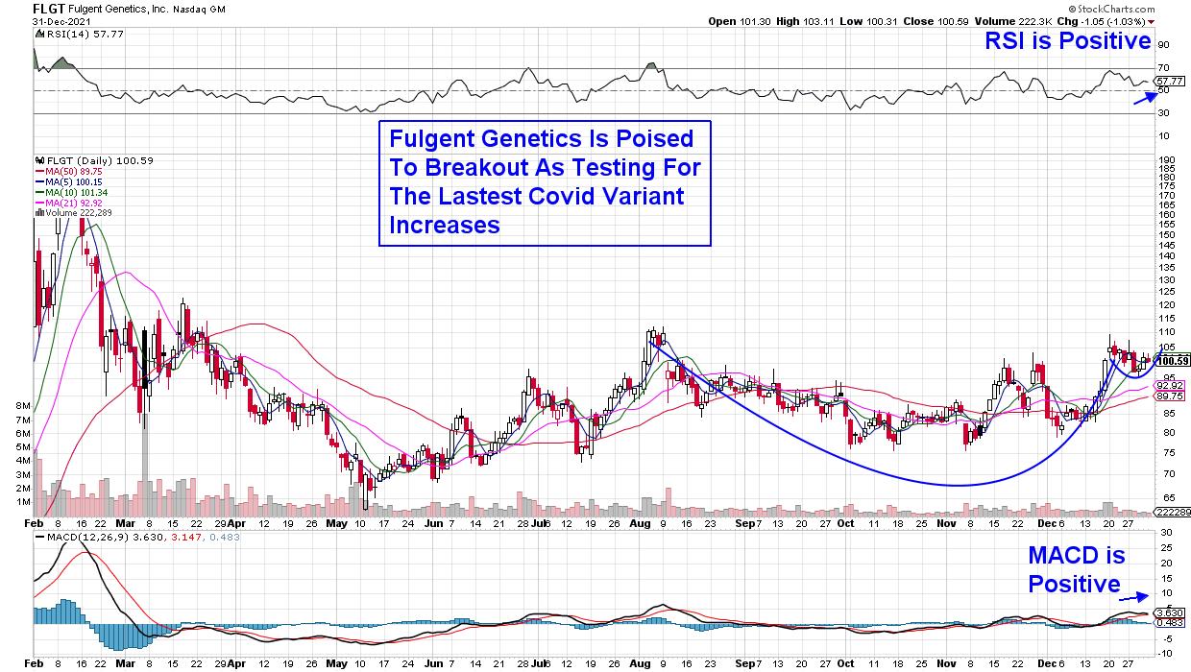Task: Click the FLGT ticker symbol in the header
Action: click(48, 7)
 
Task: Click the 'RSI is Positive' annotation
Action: click(1067, 40)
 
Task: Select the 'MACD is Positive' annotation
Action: click(1076, 569)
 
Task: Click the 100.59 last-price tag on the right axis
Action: click(1172, 360)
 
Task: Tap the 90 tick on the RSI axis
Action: click(1163, 45)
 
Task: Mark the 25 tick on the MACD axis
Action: click(1163, 547)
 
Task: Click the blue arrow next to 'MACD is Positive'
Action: click(1136, 594)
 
